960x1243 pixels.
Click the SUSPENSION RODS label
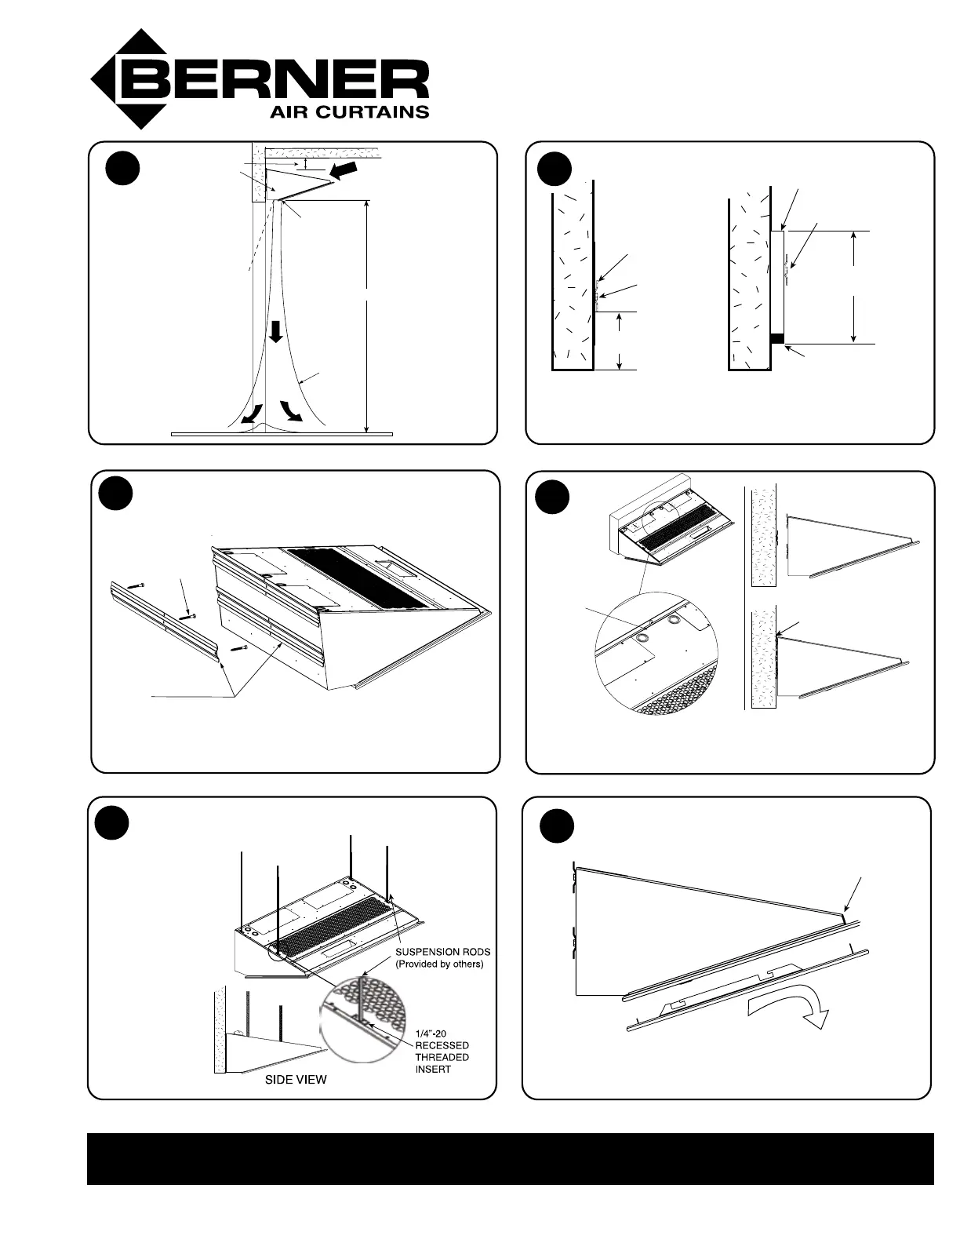(x=444, y=952)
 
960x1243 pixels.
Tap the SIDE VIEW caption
(x=296, y=1080)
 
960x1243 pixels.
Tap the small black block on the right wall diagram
(x=776, y=338)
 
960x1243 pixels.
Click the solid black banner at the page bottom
(x=510, y=1158)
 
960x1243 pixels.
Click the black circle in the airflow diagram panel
(x=123, y=169)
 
